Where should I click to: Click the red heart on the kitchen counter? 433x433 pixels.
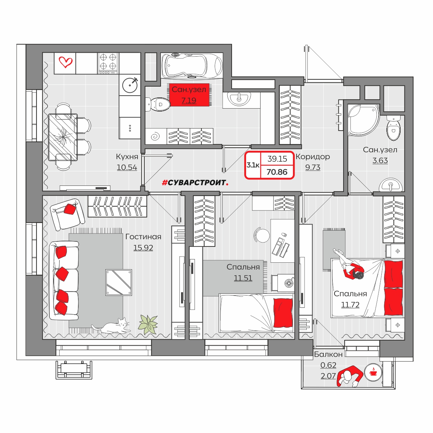coord(66,62)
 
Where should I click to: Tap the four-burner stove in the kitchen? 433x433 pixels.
coord(108,64)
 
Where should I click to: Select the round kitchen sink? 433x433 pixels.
coord(130,85)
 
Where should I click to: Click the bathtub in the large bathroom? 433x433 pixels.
coord(192,66)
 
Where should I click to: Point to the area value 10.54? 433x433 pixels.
coord(127,167)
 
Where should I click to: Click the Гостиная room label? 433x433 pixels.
coord(143,237)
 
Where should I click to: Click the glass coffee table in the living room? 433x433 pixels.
coord(119,282)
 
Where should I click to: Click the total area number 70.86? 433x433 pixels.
coord(277,172)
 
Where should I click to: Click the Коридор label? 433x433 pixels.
coord(313,157)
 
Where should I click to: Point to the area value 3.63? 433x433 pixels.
coord(380,161)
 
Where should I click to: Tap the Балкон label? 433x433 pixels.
coord(328,354)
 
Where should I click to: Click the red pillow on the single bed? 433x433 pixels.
coord(283,313)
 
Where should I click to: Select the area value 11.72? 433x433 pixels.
coord(350,305)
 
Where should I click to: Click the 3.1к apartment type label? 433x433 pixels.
coord(253,165)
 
